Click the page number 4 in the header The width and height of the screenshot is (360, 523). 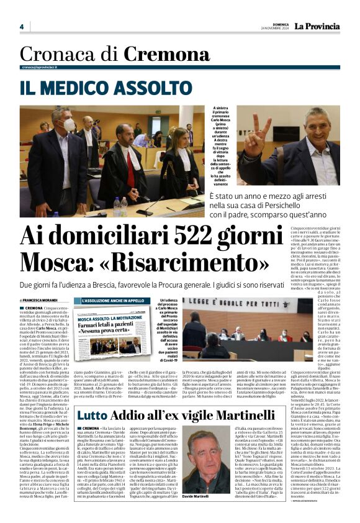click(x=22, y=27)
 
